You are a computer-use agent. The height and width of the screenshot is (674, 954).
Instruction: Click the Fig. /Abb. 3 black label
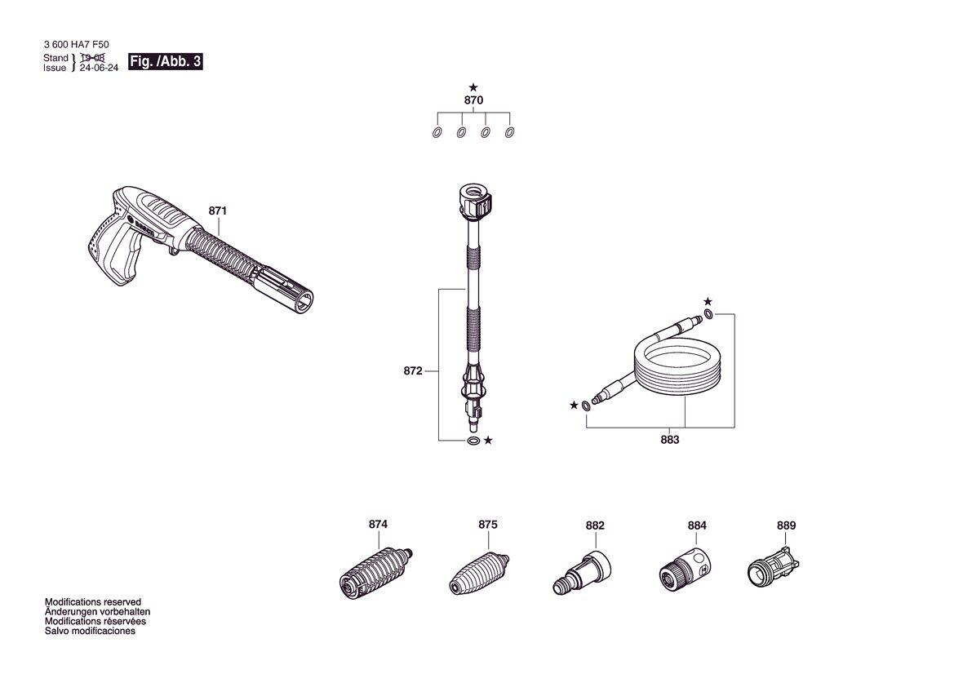[x=165, y=61]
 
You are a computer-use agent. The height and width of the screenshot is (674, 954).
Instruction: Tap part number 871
[x=217, y=211]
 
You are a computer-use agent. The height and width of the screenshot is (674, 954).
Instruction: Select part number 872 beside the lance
[x=412, y=370]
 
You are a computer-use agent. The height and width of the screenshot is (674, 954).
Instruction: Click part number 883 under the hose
[x=669, y=439]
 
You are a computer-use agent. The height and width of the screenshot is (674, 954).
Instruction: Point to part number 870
[x=473, y=100]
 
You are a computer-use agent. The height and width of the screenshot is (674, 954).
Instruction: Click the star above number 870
[x=473, y=87]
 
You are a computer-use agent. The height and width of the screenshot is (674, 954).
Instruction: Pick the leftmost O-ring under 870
[x=437, y=132]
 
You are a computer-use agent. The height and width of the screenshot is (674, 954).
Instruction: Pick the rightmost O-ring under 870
[x=510, y=132]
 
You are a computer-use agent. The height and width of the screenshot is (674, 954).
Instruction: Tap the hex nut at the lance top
[x=474, y=202]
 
